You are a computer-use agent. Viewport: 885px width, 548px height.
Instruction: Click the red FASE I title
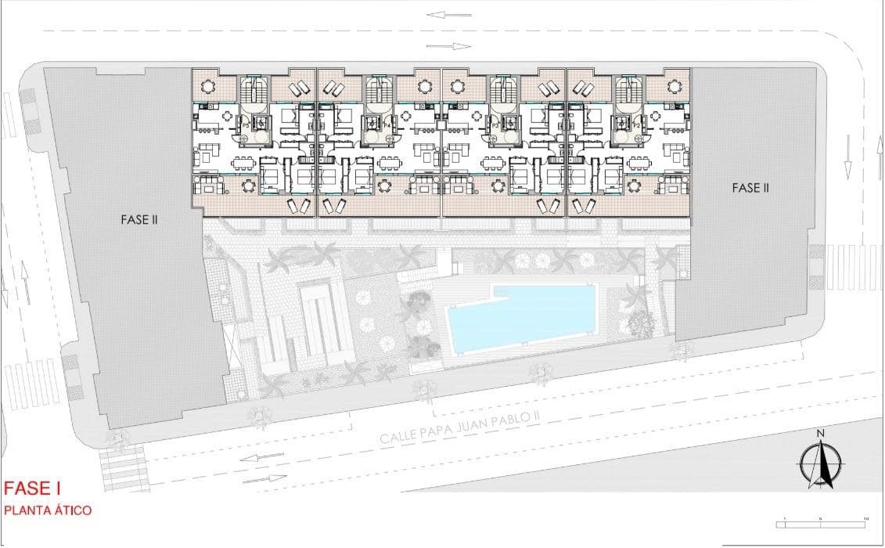coord(32,489)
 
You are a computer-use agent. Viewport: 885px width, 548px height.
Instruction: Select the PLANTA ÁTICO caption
coord(48,510)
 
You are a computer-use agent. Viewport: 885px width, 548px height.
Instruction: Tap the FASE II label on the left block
coord(139,220)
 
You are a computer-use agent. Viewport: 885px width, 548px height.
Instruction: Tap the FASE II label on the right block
coord(750,188)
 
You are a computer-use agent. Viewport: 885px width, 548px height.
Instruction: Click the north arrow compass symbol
coord(820,464)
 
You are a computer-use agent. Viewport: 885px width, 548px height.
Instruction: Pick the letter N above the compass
coord(820,434)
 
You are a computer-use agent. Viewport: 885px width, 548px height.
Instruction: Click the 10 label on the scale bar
coord(865,517)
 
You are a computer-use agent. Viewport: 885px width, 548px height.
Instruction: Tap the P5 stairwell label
coord(245,125)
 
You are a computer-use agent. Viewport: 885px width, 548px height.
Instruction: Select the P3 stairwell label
coord(495,125)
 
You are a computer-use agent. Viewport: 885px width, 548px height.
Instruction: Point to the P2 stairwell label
coord(637,125)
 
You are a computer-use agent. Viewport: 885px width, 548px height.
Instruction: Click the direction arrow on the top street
coord(448,14)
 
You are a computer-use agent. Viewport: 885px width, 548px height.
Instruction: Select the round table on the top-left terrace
coord(208,86)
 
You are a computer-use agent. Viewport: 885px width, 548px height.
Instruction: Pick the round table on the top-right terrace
coord(675,86)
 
